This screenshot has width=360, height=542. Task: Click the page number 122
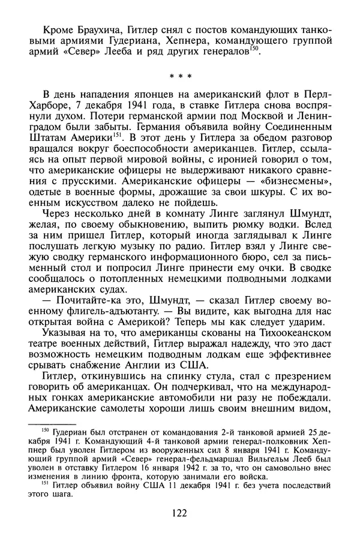point(179,513)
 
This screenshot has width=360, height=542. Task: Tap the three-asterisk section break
point(179,77)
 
